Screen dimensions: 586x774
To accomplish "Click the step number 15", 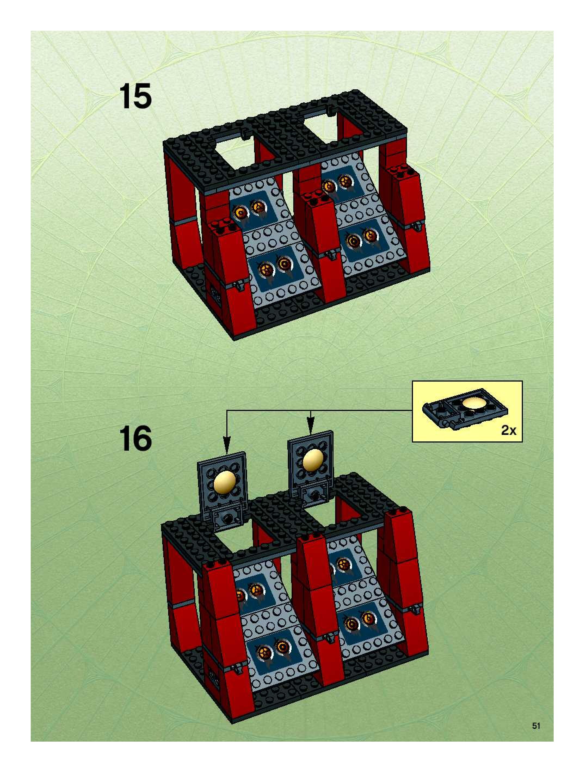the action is [135, 96].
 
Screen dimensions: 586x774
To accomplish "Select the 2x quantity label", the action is [508, 430].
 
